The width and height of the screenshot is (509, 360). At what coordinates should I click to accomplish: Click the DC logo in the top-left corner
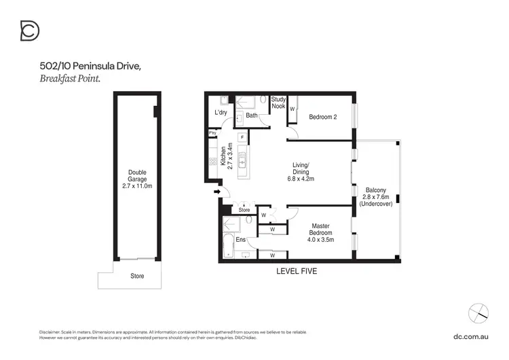(30, 31)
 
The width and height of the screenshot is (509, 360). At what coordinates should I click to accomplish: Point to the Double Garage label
(137, 179)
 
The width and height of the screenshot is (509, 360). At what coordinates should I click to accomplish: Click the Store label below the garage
(137, 276)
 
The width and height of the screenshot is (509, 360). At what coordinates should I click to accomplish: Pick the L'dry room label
(220, 112)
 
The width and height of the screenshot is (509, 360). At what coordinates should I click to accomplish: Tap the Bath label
(251, 115)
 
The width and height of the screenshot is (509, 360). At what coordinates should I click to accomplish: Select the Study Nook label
(278, 103)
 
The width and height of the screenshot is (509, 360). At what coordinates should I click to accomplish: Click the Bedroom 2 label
(323, 117)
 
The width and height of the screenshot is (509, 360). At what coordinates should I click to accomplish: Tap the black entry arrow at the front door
(217, 192)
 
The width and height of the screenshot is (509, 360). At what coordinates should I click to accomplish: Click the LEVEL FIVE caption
(296, 270)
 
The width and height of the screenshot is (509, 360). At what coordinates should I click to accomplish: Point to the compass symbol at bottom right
(478, 313)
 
